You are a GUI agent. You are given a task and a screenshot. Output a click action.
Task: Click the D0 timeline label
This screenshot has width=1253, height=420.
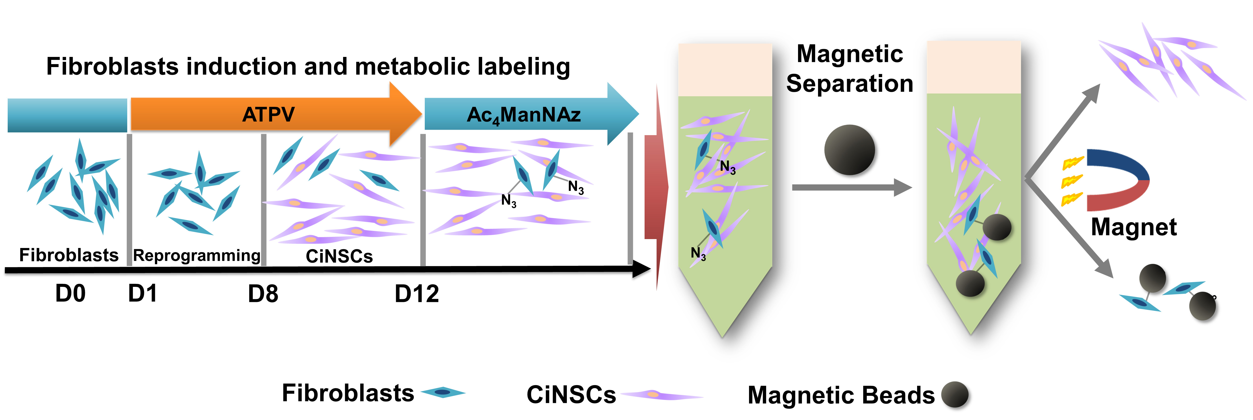71,294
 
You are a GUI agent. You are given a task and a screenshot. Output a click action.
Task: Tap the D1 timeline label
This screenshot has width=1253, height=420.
142,294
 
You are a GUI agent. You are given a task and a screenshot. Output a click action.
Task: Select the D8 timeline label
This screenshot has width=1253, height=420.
263,294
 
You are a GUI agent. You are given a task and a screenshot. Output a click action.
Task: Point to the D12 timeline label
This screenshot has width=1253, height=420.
416,294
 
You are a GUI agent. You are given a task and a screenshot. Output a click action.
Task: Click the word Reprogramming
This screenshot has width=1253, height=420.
197,255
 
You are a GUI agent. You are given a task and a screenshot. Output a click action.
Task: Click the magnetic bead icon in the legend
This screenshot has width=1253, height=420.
954,394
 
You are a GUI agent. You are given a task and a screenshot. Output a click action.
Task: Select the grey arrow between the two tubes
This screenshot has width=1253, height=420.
851,187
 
